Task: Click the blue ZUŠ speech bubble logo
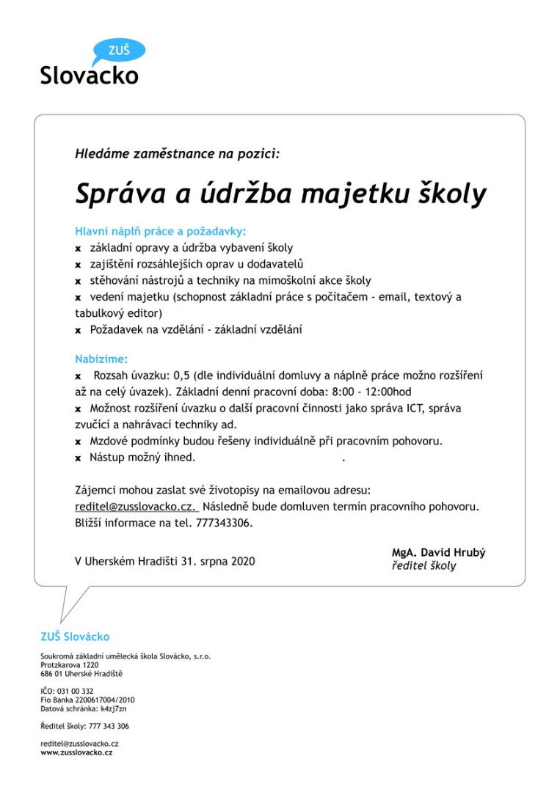click(119, 51)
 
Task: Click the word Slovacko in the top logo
click(89, 75)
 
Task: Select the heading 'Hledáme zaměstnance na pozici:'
click(177, 154)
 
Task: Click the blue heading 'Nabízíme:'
click(101, 359)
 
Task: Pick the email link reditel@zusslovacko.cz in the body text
click(136, 507)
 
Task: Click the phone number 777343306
click(224, 524)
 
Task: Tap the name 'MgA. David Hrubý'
click(438, 553)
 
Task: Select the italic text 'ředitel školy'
click(423, 566)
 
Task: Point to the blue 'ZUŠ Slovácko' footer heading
click(75, 637)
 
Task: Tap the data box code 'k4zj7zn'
click(114, 708)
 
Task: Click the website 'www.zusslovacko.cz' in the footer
click(76, 752)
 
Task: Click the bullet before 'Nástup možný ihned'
click(78, 458)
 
